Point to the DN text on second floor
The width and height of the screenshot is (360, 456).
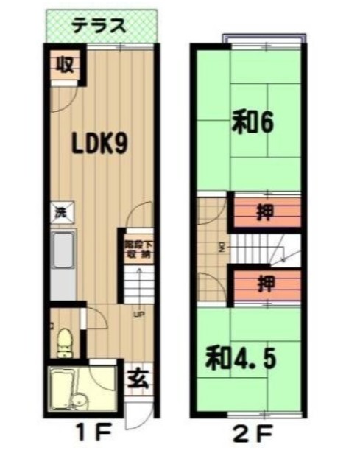[221, 245]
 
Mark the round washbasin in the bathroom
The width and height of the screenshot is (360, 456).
[80, 402]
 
